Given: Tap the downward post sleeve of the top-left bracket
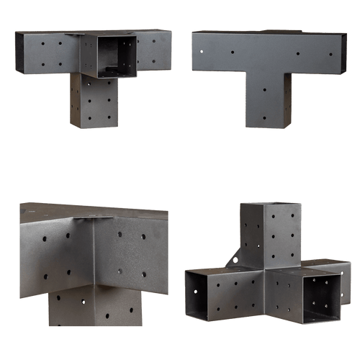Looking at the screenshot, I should (94, 102).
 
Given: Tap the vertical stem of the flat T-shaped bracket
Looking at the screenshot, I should (268, 101).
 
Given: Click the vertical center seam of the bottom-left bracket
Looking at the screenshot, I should (95, 252).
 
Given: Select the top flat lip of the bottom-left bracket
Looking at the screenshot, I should (94, 210).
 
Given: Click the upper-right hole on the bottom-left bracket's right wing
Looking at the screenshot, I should (144, 237).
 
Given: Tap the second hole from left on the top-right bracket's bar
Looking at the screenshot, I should (233, 53).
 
